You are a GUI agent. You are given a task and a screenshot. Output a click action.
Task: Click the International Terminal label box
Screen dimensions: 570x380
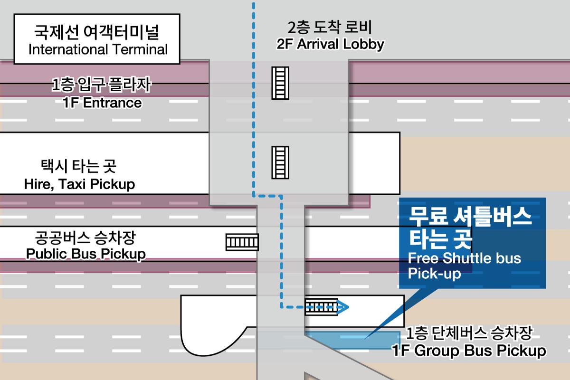97,39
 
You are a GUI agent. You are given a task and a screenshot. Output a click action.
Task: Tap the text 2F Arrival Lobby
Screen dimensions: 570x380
330,44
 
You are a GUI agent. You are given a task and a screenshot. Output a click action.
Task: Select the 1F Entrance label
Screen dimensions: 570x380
102,103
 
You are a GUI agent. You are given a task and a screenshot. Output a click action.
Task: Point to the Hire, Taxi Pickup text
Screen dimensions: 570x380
79,184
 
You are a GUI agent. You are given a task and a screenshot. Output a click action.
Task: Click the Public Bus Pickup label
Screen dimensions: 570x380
86,254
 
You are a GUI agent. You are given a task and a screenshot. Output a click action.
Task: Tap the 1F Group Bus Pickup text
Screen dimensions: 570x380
469,351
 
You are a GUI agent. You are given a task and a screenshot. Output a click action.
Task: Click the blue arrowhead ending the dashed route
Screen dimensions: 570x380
342,307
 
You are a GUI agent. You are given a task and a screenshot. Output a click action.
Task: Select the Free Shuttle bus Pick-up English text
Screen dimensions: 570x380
465,266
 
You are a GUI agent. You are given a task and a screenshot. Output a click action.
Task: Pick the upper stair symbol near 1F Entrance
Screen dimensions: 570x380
280,83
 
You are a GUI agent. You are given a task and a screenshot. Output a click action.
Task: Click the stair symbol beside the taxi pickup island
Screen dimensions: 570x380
280,162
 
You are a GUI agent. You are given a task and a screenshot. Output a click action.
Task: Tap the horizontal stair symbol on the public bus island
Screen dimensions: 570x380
242,242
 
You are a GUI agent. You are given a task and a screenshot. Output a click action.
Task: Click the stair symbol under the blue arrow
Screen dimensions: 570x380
322,307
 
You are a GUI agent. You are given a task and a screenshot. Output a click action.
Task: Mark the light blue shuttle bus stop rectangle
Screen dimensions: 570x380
352,340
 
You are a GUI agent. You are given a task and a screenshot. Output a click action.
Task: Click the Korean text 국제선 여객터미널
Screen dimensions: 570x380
97,32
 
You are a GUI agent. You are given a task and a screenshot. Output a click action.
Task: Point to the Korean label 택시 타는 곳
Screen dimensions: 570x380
79,166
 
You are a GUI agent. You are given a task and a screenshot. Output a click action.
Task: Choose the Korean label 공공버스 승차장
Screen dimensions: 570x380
85,237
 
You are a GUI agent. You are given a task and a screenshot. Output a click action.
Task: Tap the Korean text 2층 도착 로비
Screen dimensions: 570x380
330,27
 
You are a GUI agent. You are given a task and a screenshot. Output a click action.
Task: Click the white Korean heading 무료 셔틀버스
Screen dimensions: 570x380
470,217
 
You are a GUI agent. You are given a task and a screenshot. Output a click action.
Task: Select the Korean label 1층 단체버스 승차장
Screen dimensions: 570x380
469,333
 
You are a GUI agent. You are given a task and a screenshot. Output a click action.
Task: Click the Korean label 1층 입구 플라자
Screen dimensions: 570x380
102,84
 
